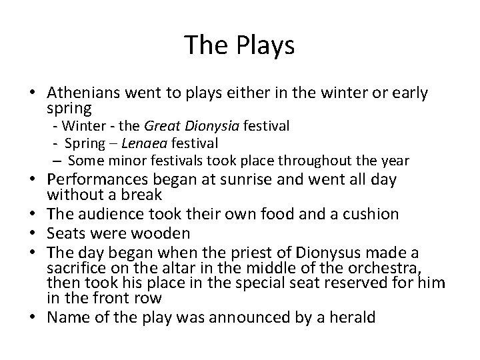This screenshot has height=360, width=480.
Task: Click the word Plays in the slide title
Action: coord(267,45)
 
